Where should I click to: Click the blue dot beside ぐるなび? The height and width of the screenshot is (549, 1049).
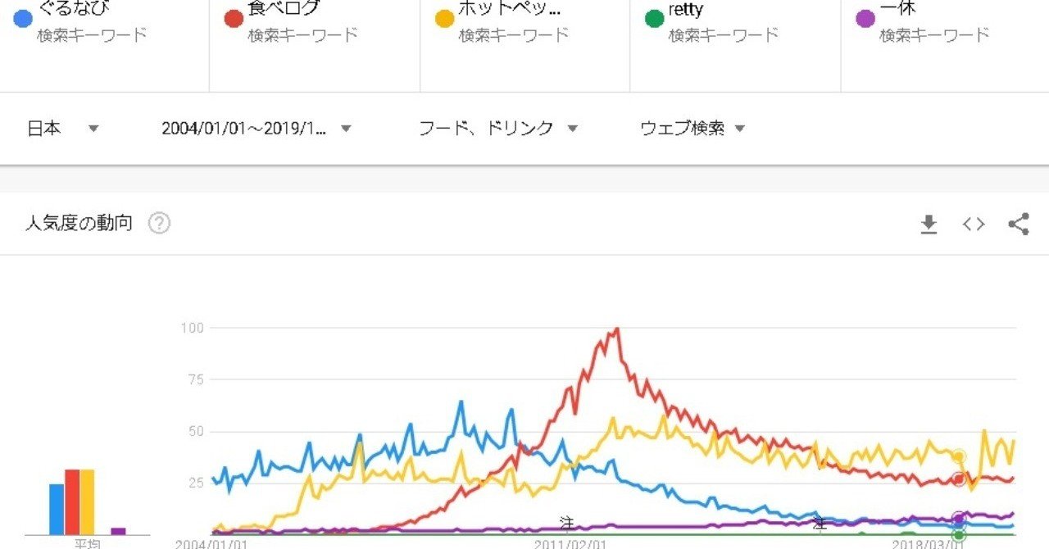tap(24, 17)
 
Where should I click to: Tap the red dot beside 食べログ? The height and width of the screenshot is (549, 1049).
tap(234, 17)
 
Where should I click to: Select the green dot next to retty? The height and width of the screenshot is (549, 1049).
tap(653, 17)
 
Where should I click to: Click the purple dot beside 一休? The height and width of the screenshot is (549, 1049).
tap(864, 17)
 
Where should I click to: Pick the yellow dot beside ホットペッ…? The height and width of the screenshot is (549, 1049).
tap(443, 17)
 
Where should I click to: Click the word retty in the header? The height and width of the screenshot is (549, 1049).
tap(685, 11)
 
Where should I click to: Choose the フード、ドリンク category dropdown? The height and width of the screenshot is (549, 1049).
tap(498, 129)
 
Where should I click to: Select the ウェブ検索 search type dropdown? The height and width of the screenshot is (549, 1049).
tap(693, 129)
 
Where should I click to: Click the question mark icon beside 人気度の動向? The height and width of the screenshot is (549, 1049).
tap(159, 223)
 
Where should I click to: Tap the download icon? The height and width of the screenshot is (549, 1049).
tap(929, 224)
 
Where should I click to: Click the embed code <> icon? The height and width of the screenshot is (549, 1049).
tap(974, 224)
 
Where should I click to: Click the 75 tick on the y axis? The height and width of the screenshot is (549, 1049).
tap(195, 379)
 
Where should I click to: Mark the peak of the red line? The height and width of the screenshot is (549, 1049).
tap(616, 329)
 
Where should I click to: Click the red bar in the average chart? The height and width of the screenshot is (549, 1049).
tap(71, 501)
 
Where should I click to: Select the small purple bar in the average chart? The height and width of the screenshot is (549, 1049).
tap(118, 531)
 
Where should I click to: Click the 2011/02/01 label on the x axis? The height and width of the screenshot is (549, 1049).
tap(570, 543)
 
